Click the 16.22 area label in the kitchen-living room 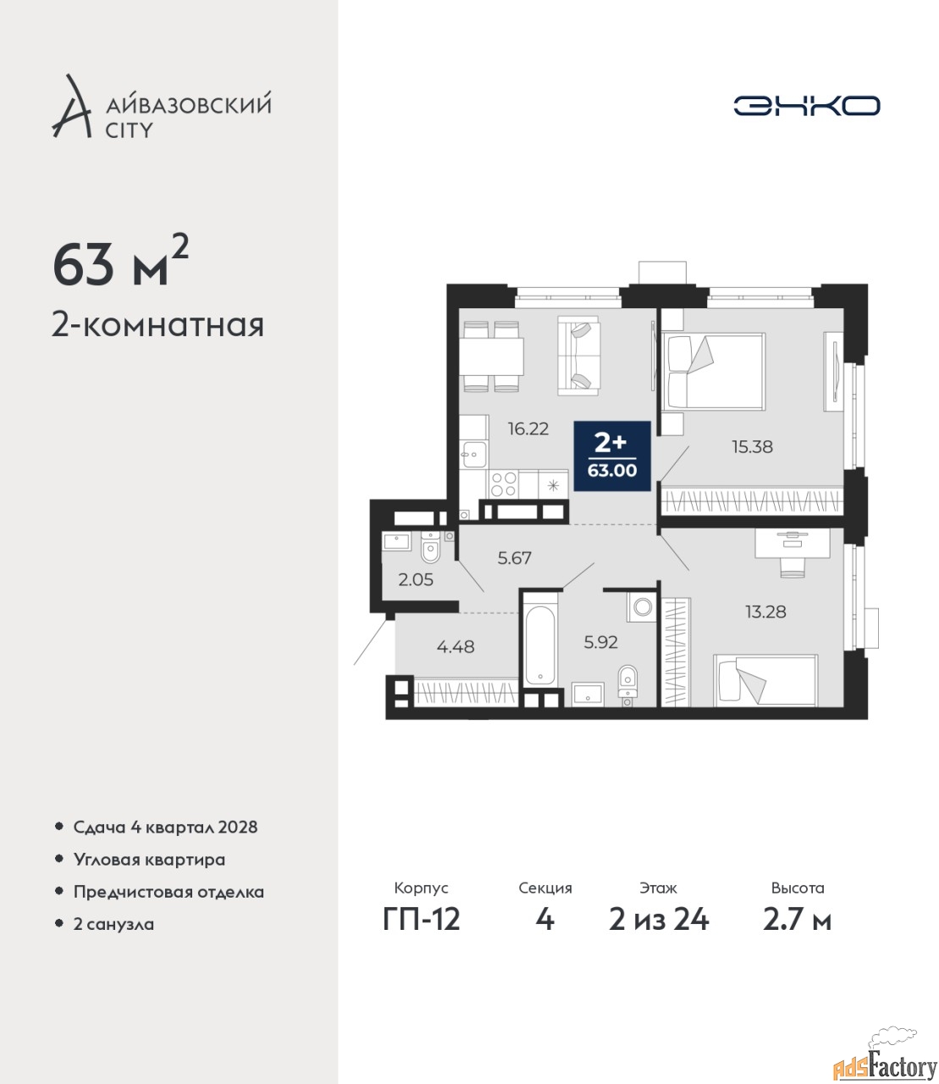(528, 429)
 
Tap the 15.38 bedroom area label (752, 447)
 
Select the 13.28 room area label (765, 611)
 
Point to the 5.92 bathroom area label (601, 642)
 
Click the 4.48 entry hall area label (455, 647)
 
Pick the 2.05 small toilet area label (416, 579)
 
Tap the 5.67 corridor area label (514, 557)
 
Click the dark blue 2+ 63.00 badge (612, 456)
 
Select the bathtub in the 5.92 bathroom (539, 644)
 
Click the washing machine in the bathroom (642, 607)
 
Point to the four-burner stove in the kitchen (503, 484)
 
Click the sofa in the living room (578, 355)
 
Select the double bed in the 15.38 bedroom (714, 371)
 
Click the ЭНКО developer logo (806, 105)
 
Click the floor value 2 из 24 (659, 934)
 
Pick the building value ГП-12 (422, 934)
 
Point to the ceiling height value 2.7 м (797, 934)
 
